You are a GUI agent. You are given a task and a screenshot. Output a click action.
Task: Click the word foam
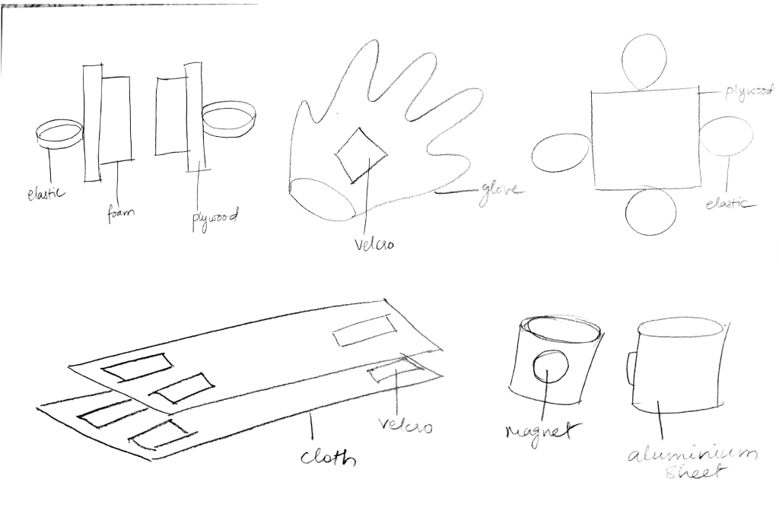[x=121, y=214]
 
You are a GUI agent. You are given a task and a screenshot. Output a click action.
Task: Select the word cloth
[x=329, y=456]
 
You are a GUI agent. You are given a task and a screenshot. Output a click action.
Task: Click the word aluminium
[x=692, y=454]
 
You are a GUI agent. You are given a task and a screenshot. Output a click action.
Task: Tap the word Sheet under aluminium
[x=694, y=472]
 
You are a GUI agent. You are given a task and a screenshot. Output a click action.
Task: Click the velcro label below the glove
[x=374, y=243]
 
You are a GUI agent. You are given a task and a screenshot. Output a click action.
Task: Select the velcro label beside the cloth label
[x=405, y=424]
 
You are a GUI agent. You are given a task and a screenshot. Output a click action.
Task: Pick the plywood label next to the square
[x=749, y=92]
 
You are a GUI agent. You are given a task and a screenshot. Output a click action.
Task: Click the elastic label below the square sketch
[x=728, y=203]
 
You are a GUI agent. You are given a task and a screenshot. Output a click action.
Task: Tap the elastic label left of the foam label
[x=46, y=192]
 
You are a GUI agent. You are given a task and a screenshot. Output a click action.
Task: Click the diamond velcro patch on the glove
[x=361, y=155]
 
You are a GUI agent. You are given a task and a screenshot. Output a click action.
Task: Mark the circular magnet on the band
[x=551, y=366]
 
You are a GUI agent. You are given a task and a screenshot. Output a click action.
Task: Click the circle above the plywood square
[x=644, y=63]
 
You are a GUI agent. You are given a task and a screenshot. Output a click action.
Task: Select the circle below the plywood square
[x=650, y=211]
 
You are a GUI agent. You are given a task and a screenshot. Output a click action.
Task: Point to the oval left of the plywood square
[x=562, y=153]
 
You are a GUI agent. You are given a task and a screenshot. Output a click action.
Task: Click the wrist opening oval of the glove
[x=323, y=198]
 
